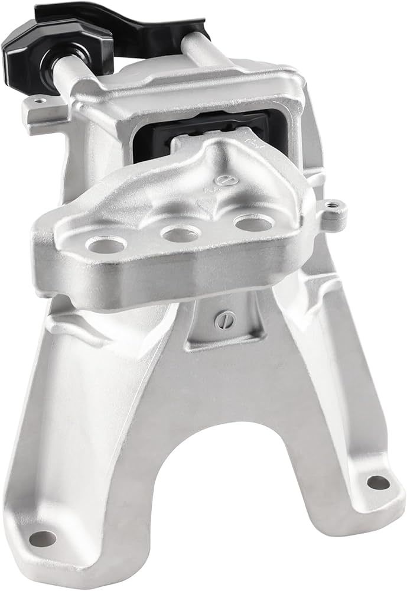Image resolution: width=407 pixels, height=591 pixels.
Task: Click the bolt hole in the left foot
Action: (42, 538)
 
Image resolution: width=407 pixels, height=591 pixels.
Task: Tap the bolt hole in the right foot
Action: (378, 482)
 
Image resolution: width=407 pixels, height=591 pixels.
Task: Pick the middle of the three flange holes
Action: (180, 234)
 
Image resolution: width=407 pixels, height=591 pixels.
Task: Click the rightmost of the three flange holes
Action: (253, 222)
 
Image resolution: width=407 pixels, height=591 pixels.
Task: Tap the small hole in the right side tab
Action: (334, 206)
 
